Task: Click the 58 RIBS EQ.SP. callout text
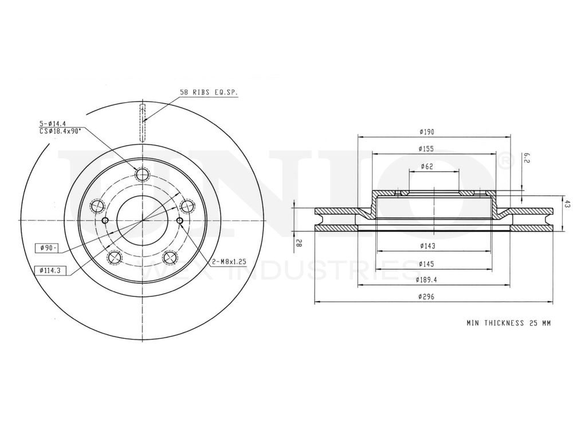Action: click(209, 92)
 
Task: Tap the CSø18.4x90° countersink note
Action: click(60, 131)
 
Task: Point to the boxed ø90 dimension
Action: click(46, 248)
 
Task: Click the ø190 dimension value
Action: click(427, 132)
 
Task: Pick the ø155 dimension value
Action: click(427, 149)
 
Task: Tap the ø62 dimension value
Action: click(426, 166)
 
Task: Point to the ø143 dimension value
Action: click(427, 247)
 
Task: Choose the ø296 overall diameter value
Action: click(427, 297)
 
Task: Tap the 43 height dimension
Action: click(567, 205)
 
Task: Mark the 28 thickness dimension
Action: click(299, 243)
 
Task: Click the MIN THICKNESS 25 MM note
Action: click(508, 323)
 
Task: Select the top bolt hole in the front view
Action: click(142, 175)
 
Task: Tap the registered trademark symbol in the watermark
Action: click(503, 161)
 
